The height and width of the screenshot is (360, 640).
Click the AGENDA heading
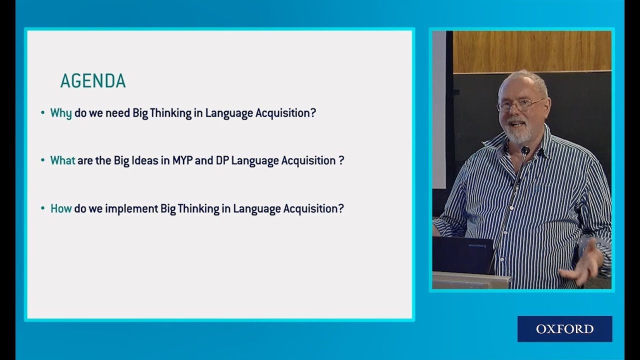pyautogui.click(x=92, y=81)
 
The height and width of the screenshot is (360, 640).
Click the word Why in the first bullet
pyautogui.click(x=61, y=113)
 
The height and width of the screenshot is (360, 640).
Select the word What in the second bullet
pyautogui.click(x=62, y=160)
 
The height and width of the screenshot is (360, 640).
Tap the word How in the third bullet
pyautogui.click(x=61, y=208)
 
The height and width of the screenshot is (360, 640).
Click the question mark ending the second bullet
pyautogui.click(x=341, y=160)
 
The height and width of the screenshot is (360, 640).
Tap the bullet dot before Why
pyautogui.click(x=43, y=113)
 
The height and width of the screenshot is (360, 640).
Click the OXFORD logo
pyautogui.click(x=564, y=329)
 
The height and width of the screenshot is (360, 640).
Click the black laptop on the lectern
pyautogui.click(x=462, y=255)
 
